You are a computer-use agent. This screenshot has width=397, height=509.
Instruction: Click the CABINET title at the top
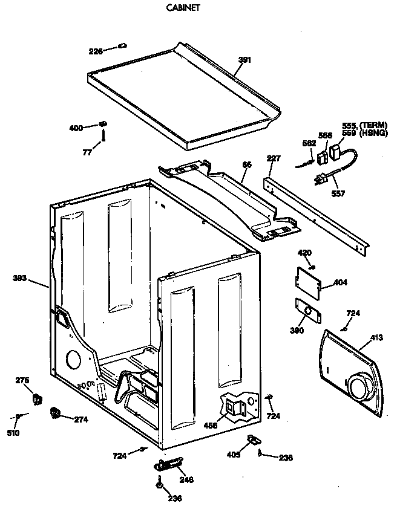click(183, 9)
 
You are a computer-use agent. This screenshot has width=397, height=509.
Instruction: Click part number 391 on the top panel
click(244, 59)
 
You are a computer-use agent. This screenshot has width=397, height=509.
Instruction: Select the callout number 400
click(76, 128)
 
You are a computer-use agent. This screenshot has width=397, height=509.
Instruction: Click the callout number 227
click(274, 159)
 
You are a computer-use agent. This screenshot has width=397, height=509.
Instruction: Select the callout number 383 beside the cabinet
click(21, 279)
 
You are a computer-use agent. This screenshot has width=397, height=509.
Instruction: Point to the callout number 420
click(304, 253)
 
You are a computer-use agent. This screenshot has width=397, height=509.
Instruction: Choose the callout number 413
click(376, 337)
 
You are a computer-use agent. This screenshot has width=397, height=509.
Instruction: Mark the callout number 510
click(13, 433)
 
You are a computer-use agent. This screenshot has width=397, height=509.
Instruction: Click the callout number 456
click(211, 425)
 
